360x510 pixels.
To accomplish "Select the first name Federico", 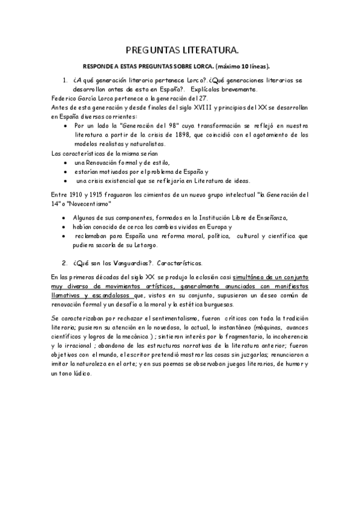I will tap(66, 98).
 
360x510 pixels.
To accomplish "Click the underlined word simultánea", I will tap(245, 277).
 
